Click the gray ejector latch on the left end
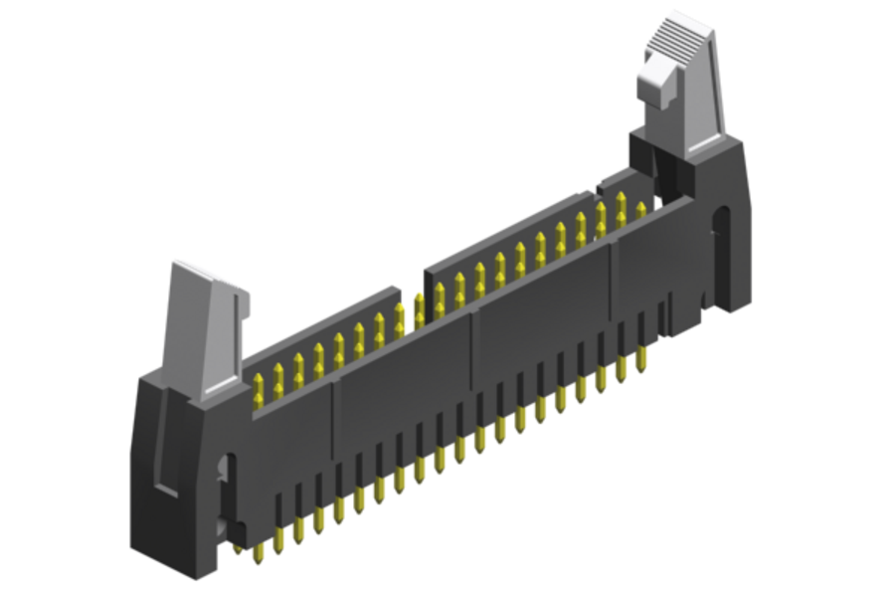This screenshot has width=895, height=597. click(209, 328)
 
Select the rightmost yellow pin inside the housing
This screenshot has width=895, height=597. click(640, 211)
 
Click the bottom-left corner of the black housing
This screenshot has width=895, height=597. click(139, 543)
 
